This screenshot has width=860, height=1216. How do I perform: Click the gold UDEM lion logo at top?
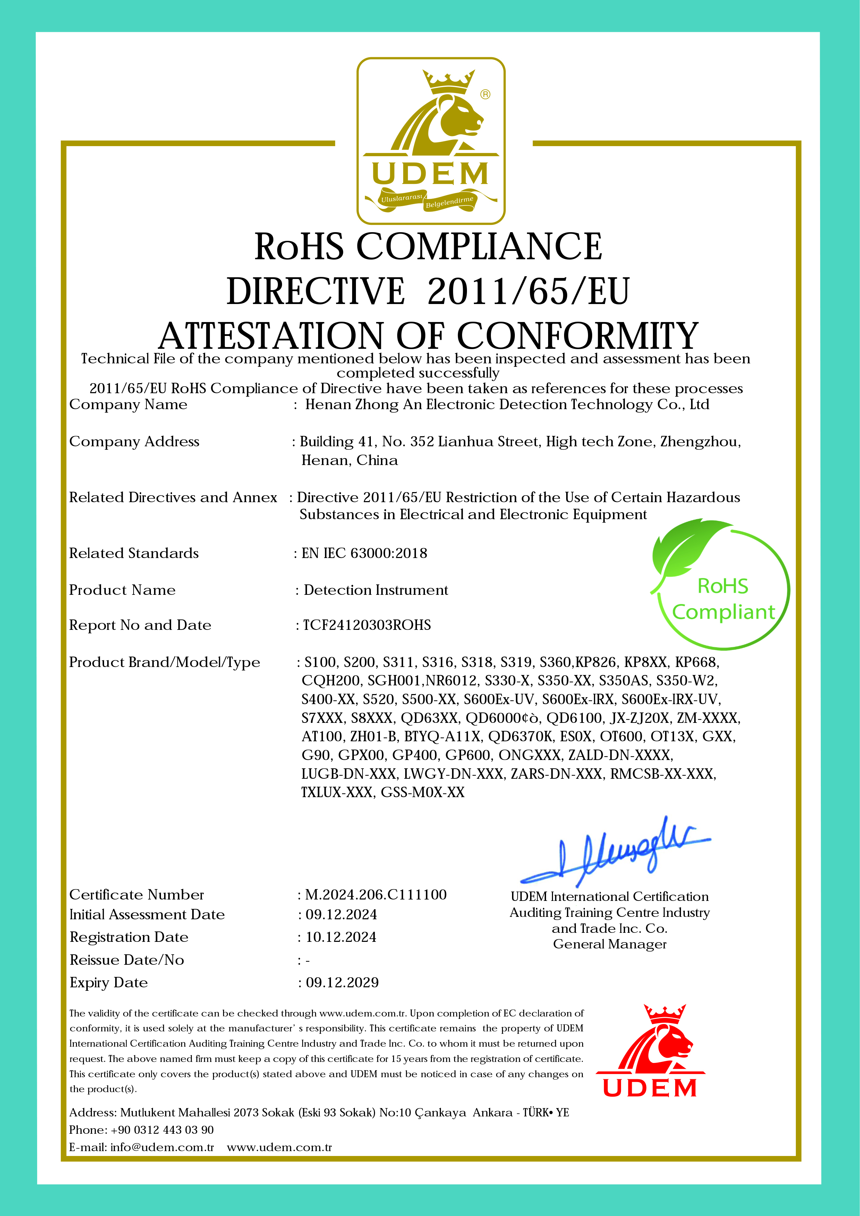[x=431, y=140]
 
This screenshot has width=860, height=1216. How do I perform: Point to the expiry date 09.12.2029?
[x=342, y=982]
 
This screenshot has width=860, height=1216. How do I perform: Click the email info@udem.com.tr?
[x=162, y=1147]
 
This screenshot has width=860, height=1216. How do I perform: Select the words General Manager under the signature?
[x=610, y=944]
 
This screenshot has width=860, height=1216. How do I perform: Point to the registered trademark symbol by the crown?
[x=485, y=94]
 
